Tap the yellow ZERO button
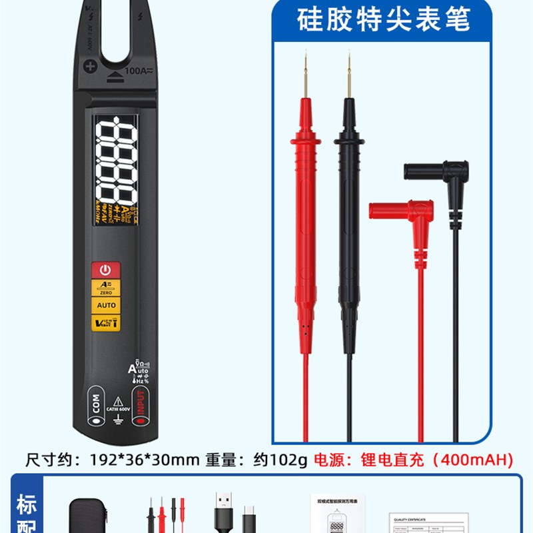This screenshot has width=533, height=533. pyautogui.click(x=107, y=288)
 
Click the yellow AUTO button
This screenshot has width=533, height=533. pyautogui.click(x=107, y=305)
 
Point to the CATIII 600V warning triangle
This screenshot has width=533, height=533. pyautogui.click(x=117, y=401)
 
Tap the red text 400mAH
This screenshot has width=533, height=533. pyautogui.click(x=480, y=459)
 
